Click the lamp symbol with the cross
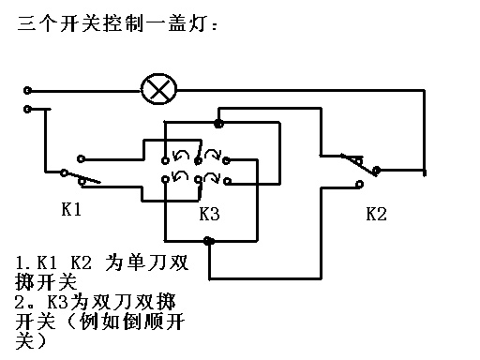(x=158, y=89)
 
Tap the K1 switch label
(x=71, y=209)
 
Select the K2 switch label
(x=376, y=214)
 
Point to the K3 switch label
(x=209, y=214)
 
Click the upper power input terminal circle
(x=27, y=91)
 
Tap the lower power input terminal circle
(x=27, y=109)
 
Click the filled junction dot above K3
(x=218, y=124)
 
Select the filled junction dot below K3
(x=208, y=241)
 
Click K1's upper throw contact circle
(x=81, y=158)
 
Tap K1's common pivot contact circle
(x=64, y=172)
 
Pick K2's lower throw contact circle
(x=360, y=184)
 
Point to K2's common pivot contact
(x=377, y=171)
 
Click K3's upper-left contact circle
(x=165, y=160)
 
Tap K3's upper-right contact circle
(x=226, y=160)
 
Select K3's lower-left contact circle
(x=165, y=179)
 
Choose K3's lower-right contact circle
(x=228, y=181)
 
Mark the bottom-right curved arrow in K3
(x=213, y=176)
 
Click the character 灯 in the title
(x=197, y=23)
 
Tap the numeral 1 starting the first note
(x=20, y=262)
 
